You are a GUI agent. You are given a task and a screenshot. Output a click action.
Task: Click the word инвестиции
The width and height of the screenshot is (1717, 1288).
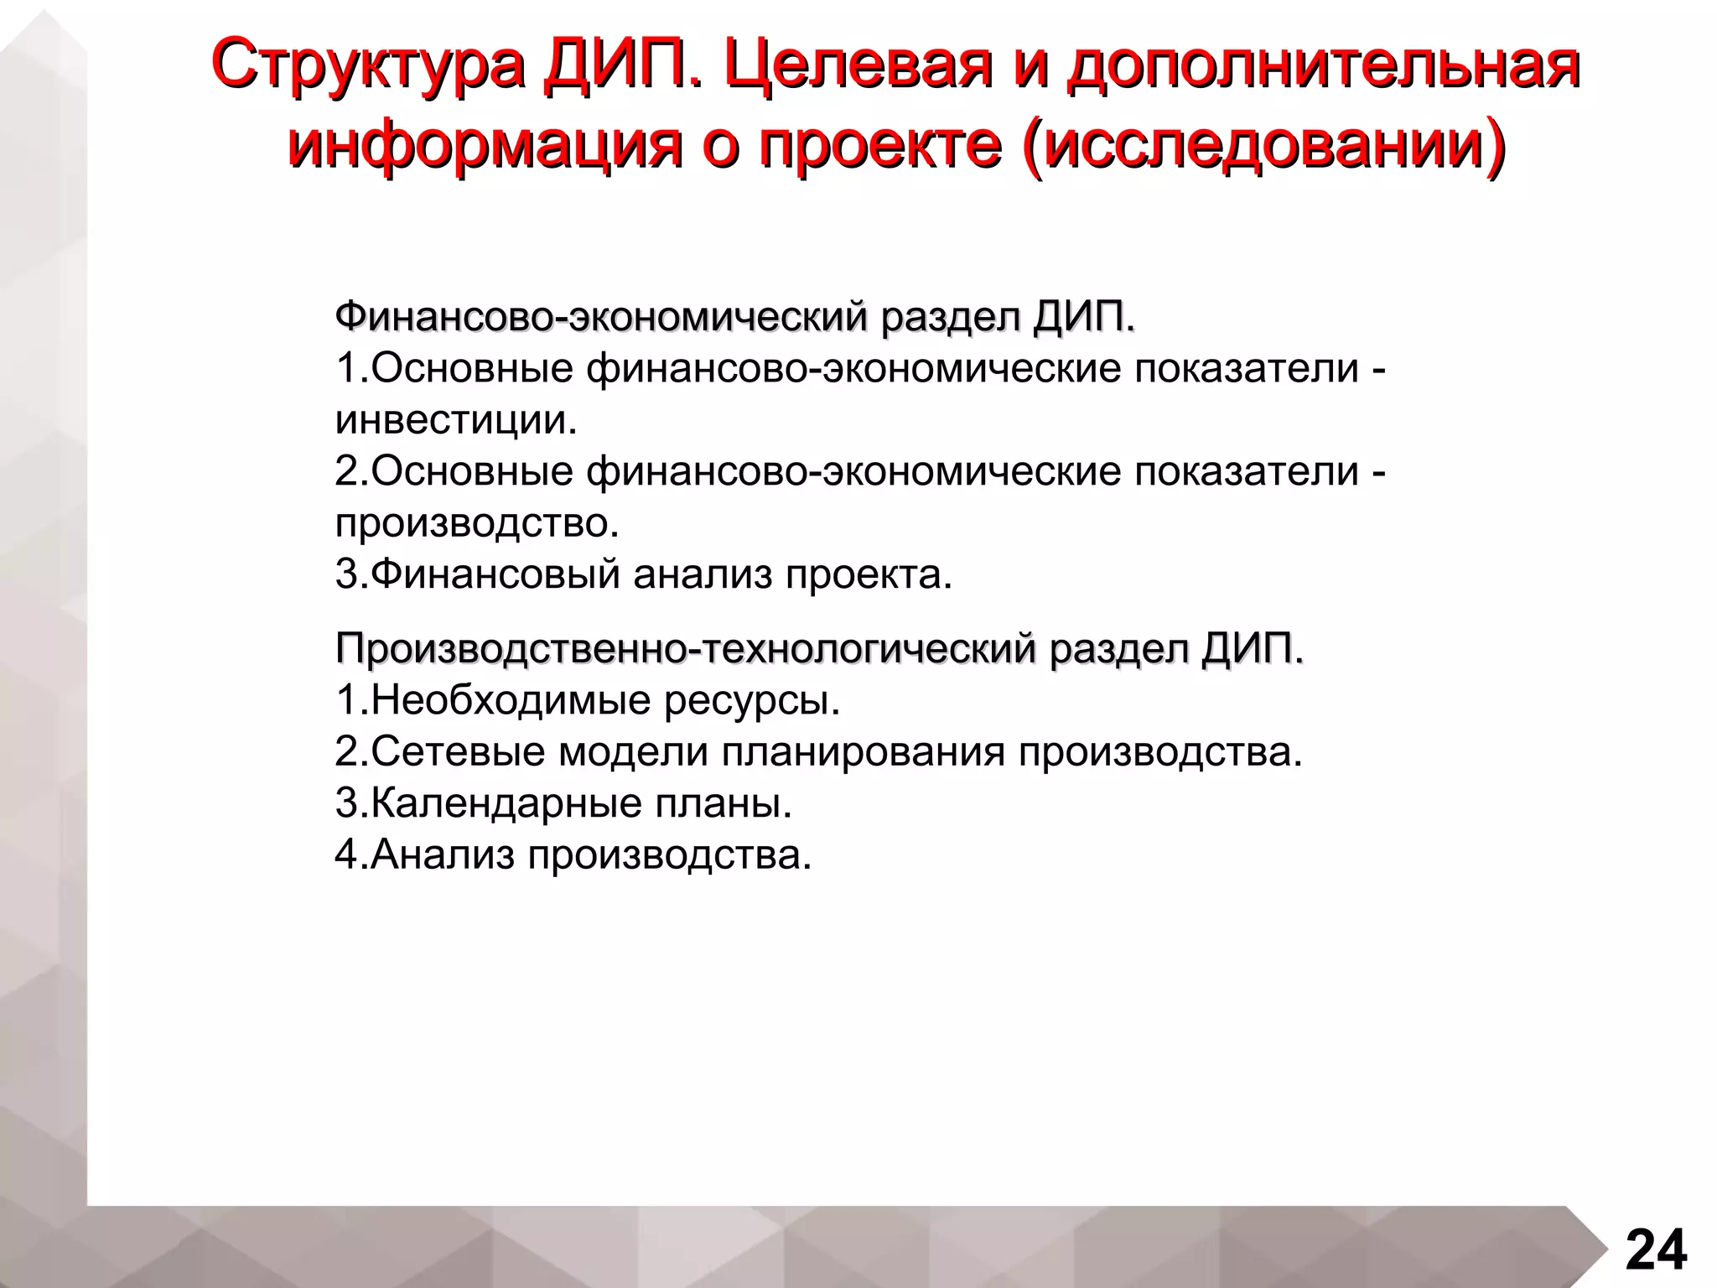click(456, 420)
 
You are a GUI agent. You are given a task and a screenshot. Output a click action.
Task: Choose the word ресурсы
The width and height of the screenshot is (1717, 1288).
click(752, 700)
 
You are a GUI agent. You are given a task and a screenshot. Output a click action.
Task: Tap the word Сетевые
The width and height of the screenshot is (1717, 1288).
click(458, 752)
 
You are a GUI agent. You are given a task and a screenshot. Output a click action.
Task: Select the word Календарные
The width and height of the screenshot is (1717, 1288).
click(506, 803)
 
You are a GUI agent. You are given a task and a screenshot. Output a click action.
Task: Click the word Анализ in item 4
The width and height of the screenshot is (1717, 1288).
click(442, 855)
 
